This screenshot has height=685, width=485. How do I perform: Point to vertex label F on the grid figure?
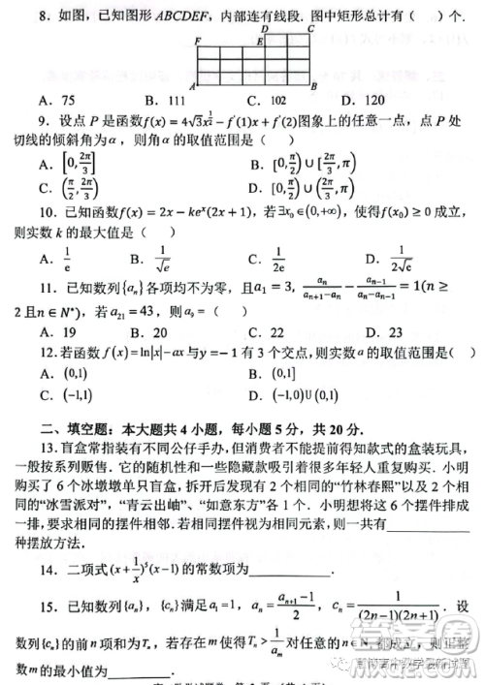pyautogui.click(x=197, y=42)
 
